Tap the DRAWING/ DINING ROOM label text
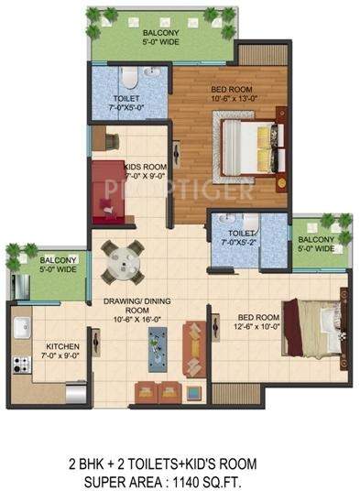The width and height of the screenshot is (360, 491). pyautogui.click(x=128, y=311)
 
